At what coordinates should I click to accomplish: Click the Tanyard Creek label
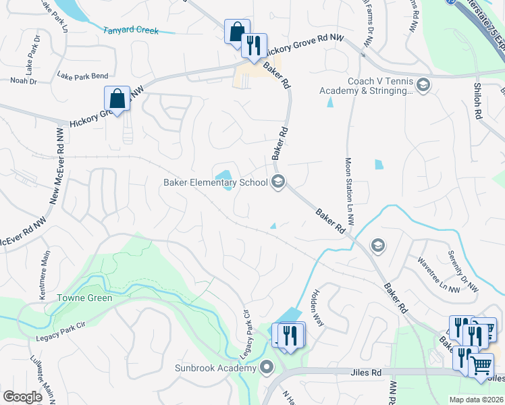(131, 30)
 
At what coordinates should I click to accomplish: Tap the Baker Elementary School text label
(216, 182)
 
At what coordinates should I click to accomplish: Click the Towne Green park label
(84, 297)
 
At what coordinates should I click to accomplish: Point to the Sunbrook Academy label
(215, 368)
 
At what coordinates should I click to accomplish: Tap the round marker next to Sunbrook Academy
(267, 368)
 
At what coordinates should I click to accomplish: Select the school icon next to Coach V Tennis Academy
(423, 84)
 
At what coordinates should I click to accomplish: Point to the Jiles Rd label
(367, 371)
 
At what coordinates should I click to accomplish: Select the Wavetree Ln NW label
(438, 275)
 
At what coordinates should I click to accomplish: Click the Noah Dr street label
(24, 80)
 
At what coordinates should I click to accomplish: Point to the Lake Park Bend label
(82, 76)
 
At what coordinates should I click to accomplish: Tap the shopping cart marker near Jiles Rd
(481, 365)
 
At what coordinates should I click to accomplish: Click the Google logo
(23, 396)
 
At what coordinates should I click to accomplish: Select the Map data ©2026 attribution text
(475, 400)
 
